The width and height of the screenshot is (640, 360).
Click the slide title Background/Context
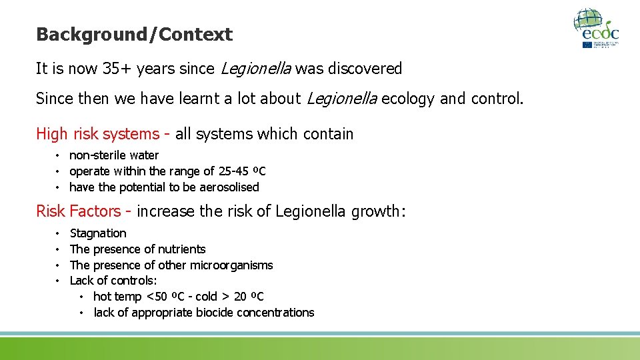[134, 35]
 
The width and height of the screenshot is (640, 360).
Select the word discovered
[370, 69]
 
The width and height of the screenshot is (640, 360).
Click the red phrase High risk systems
[97, 134]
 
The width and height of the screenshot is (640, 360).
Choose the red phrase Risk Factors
[78, 211]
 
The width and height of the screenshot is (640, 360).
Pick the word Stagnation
[98, 233]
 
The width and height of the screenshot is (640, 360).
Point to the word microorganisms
[231, 265]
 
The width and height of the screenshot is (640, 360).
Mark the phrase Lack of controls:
[113, 281]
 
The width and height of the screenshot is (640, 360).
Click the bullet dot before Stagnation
[59, 233]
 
